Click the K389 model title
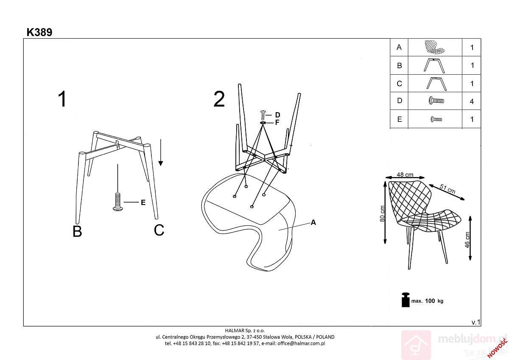click(x=39, y=32)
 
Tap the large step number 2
click(x=219, y=99)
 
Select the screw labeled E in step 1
click(x=118, y=202)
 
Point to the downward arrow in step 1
click(x=161, y=152)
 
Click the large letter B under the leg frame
click(x=77, y=231)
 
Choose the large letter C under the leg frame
click(x=159, y=230)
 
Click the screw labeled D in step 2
click(x=263, y=115)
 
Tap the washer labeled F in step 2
click(x=263, y=123)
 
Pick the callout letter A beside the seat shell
click(x=313, y=222)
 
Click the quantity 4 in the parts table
click(x=472, y=101)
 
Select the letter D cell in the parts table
click(x=400, y=101)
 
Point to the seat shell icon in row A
click(x=434, y=47)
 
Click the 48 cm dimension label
click(x=405, y=174)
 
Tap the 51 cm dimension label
click(x=447, y=189)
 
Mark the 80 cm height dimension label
click(x=382, y=214)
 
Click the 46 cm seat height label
click(x=467, y=240)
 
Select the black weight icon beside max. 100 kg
click(x=406, y=300)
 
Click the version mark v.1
click(x=475, y=322)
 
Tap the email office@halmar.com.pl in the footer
click(x=301, y=343)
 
